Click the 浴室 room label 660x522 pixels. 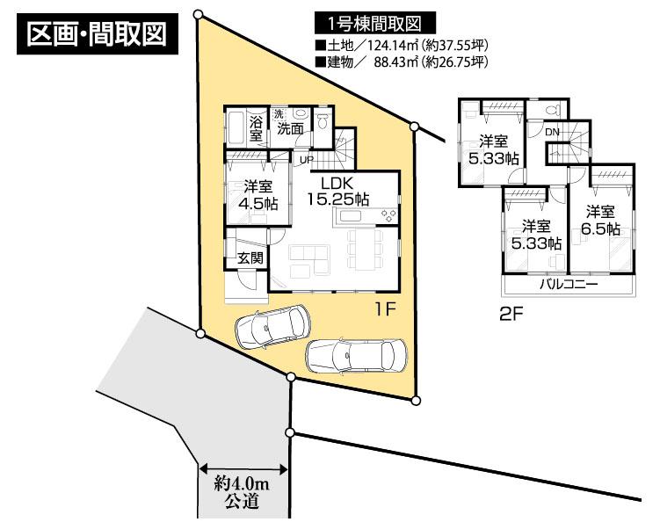coord(256,128)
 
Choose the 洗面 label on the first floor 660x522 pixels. coord(291,128)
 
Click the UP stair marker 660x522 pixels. coord(306,160)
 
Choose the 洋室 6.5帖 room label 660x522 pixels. coord(601,220)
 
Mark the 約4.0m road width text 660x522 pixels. coord(240,482)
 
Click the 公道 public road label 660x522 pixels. coord(240,502)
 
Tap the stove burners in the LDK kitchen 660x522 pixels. coord(388,216)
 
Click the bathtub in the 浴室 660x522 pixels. coord(236,128)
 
